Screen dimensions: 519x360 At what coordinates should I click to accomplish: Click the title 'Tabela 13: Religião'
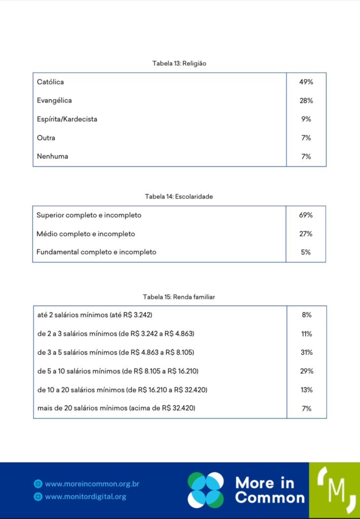[179, 63]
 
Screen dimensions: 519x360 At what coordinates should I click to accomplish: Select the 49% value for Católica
[306, 82]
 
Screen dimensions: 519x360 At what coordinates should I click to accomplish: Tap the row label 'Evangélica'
[54, 100]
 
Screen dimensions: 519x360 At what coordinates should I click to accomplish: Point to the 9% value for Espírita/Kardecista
[306, 119]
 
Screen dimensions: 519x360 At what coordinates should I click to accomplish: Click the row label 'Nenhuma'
[52, 156]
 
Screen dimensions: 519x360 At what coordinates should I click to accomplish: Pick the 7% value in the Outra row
[306, 138]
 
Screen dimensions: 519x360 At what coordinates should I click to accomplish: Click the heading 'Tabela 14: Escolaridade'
[178, 197]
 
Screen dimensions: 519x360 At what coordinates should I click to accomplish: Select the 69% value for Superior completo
[306, 215]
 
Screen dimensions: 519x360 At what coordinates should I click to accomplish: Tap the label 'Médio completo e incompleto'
[86, 234]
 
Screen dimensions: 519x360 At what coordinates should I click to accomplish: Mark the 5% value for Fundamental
[306, 252]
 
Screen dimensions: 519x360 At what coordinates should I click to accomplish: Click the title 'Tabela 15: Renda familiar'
[178, 297]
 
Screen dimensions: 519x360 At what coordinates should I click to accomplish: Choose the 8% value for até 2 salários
[306, 315]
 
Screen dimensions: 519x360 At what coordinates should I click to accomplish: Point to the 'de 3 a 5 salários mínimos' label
[116, 352]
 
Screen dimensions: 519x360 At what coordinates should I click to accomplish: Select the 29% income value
[306, 371]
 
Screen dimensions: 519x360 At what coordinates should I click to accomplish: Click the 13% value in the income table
[306, 390]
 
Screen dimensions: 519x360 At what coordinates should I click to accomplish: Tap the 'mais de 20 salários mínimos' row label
[116, 408]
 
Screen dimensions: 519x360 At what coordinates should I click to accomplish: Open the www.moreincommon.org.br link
[92, 484]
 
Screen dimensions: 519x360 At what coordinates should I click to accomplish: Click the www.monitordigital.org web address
[85, 497]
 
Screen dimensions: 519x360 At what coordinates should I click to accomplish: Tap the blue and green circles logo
[205, 490]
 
